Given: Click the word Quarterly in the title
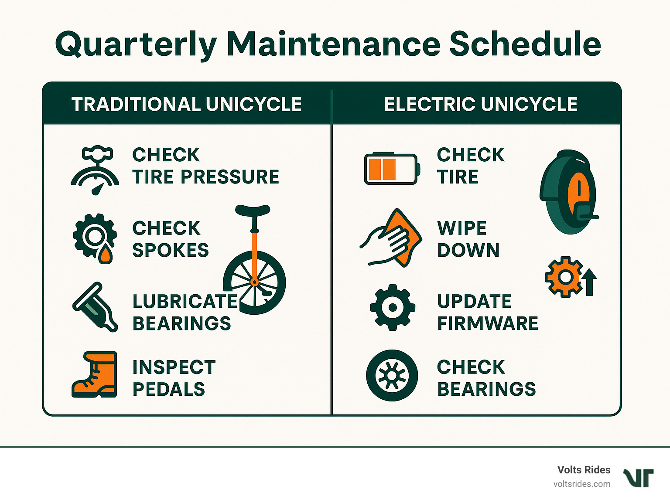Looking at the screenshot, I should click(136, 45).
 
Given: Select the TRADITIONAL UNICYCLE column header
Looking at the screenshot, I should click(187, 104).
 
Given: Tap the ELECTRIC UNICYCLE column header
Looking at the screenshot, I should click(481, 104).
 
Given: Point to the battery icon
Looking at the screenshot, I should click(392, 169).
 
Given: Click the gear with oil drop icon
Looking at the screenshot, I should click(95, 238).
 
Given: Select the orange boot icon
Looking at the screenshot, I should click(95, 374).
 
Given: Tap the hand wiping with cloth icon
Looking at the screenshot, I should click(391, 238).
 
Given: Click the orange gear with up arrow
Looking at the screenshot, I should click(570, 277).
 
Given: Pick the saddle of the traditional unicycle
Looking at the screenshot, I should click(253, 210).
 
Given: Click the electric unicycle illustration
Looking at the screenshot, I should click(568, 192).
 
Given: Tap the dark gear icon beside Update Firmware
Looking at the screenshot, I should click(392, 307).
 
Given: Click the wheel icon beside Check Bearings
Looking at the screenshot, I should click(392, 375).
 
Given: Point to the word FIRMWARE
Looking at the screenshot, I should click(488, 323).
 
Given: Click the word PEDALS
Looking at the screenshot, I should click(169, 389).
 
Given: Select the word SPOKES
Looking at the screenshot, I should click(171, 250).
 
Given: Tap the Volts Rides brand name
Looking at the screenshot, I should click(584, 470).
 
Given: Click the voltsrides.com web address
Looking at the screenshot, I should click(582, 484).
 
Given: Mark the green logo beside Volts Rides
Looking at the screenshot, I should click(639, 478).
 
